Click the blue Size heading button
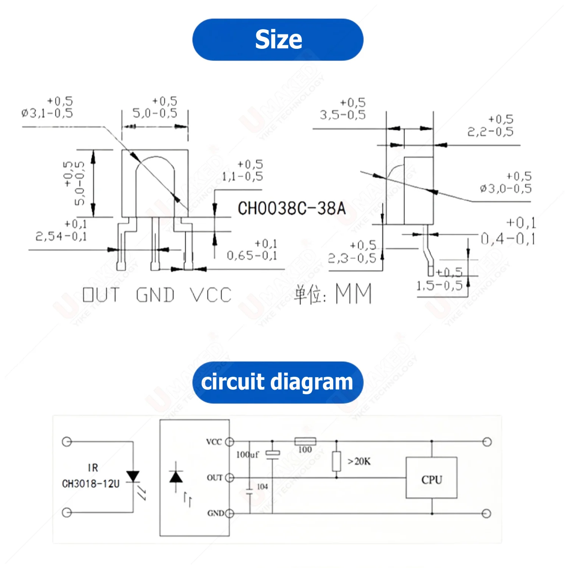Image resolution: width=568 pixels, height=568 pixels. tap(278, 40)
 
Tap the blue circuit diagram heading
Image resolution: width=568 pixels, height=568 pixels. tap(278, 382)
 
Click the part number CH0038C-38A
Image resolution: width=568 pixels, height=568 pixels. tap(292, 208)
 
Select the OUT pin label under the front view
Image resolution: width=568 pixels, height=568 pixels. tap(101, 295)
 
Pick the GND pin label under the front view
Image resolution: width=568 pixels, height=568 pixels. tap(155, 295)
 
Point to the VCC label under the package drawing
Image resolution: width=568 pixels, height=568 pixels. tap(211, 295)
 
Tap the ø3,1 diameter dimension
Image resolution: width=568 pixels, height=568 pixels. tap(47, 112)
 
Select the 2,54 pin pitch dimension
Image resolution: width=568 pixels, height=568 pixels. tap(61, 236)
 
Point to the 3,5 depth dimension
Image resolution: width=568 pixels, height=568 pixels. tap(343, 114)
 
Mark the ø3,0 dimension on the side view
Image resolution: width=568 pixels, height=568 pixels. tap(506, 188)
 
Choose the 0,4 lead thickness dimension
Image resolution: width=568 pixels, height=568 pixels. tap(507, 239)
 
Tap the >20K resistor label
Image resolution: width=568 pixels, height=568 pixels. tap(359, 461)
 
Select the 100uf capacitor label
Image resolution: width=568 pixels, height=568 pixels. tap(248, 454)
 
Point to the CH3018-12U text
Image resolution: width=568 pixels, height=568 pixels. tap(91, 484)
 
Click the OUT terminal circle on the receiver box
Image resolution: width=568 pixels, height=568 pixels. tap(229, 478)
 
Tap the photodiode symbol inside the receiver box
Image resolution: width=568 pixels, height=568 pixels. tap(176, 477)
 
